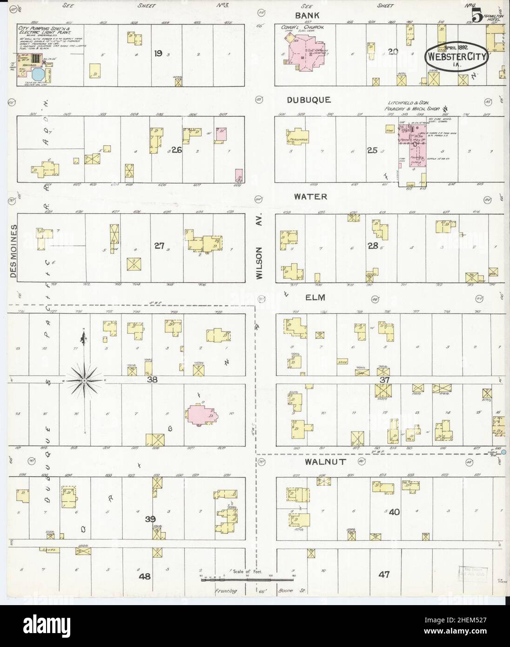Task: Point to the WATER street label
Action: [310, 197]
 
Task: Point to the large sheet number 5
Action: [476, 16]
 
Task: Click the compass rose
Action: [84, 381]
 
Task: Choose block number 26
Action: [177, 150]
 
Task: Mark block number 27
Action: [160, 246]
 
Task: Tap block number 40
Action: [394, 512]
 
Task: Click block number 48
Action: [145, 576]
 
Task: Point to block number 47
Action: [383, 575]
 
